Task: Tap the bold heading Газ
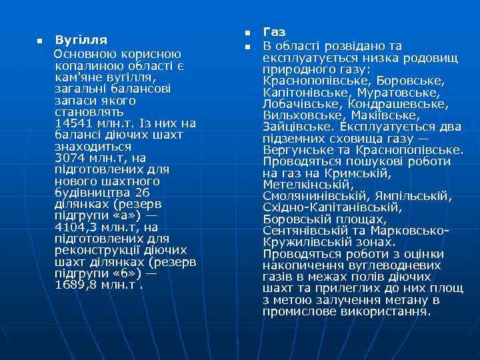tap(274, 32)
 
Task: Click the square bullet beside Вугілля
tap(39, 41)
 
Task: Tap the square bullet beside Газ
tap(246, 33)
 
